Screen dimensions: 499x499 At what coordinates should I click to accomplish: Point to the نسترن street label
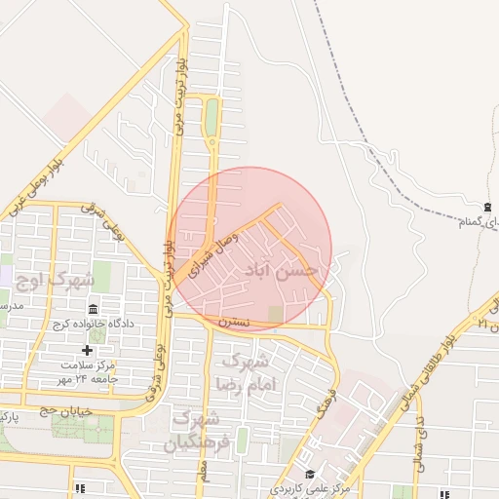click(x=234, y=321)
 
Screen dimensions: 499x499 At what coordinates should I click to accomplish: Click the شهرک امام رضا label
click(x=251, y=373)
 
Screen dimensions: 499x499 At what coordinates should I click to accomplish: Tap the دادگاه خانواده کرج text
click(x=97, y=323)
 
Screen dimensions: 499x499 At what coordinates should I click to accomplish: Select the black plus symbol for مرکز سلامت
click(x=88, y=350)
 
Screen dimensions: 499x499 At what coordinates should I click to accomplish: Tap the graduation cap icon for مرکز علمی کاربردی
click(x=310, y=474)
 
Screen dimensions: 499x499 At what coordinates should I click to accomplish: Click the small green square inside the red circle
click(x=276, y=314)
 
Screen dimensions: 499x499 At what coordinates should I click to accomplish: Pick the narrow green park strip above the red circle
click(x=211, y=119)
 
